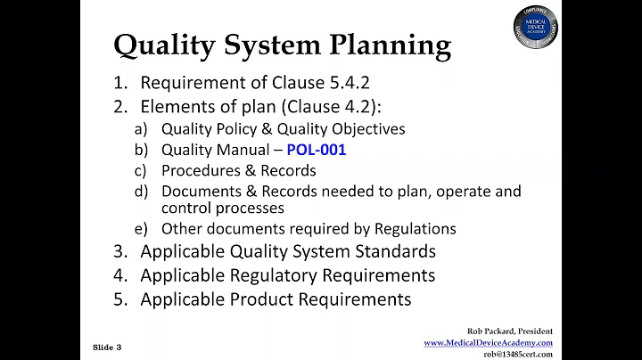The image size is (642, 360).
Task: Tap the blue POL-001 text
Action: click(316, 150)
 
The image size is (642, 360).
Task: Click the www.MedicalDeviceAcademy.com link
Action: click(488, 342)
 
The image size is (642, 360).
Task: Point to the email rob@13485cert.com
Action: click(517, 354)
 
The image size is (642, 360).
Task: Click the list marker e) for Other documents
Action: click(140, 229)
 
